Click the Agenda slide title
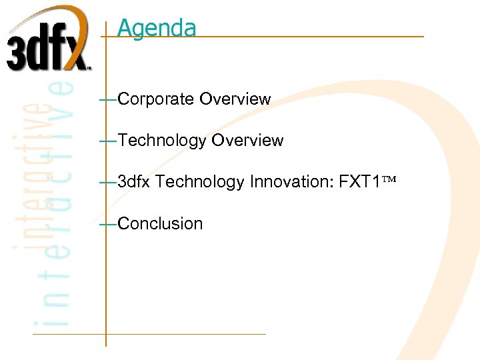[157, 28]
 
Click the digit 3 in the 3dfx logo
[18, 51]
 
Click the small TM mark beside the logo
[89, 67]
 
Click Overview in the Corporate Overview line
[235, 99]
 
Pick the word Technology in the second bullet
[162, 141]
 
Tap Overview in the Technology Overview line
[247, 141]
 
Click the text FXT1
[359, 181]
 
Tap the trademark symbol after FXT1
[387, 180]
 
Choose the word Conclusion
[160, 224]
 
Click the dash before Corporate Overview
[107, 100]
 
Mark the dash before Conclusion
[107, 225]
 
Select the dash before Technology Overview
[107, 141]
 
